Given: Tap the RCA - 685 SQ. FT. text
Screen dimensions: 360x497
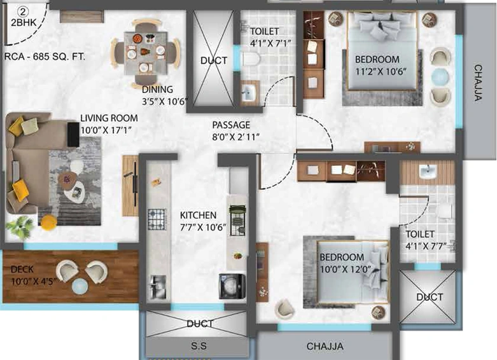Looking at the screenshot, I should (x=45, y=57).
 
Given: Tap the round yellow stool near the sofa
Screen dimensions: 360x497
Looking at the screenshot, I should (x=49, y=222).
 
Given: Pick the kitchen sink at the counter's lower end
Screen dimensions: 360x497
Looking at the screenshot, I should (x=157, y=287).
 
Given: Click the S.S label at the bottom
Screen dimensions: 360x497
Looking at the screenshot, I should (x=199, y=346).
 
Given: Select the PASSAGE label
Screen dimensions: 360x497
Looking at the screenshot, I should (x=231, y=125).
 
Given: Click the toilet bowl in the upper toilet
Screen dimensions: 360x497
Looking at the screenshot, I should (x=251, y=61).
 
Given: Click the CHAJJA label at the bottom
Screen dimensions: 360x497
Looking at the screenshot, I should (x=325, y=347).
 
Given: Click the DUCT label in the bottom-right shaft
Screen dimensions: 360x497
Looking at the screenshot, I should (x=430, y=297).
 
